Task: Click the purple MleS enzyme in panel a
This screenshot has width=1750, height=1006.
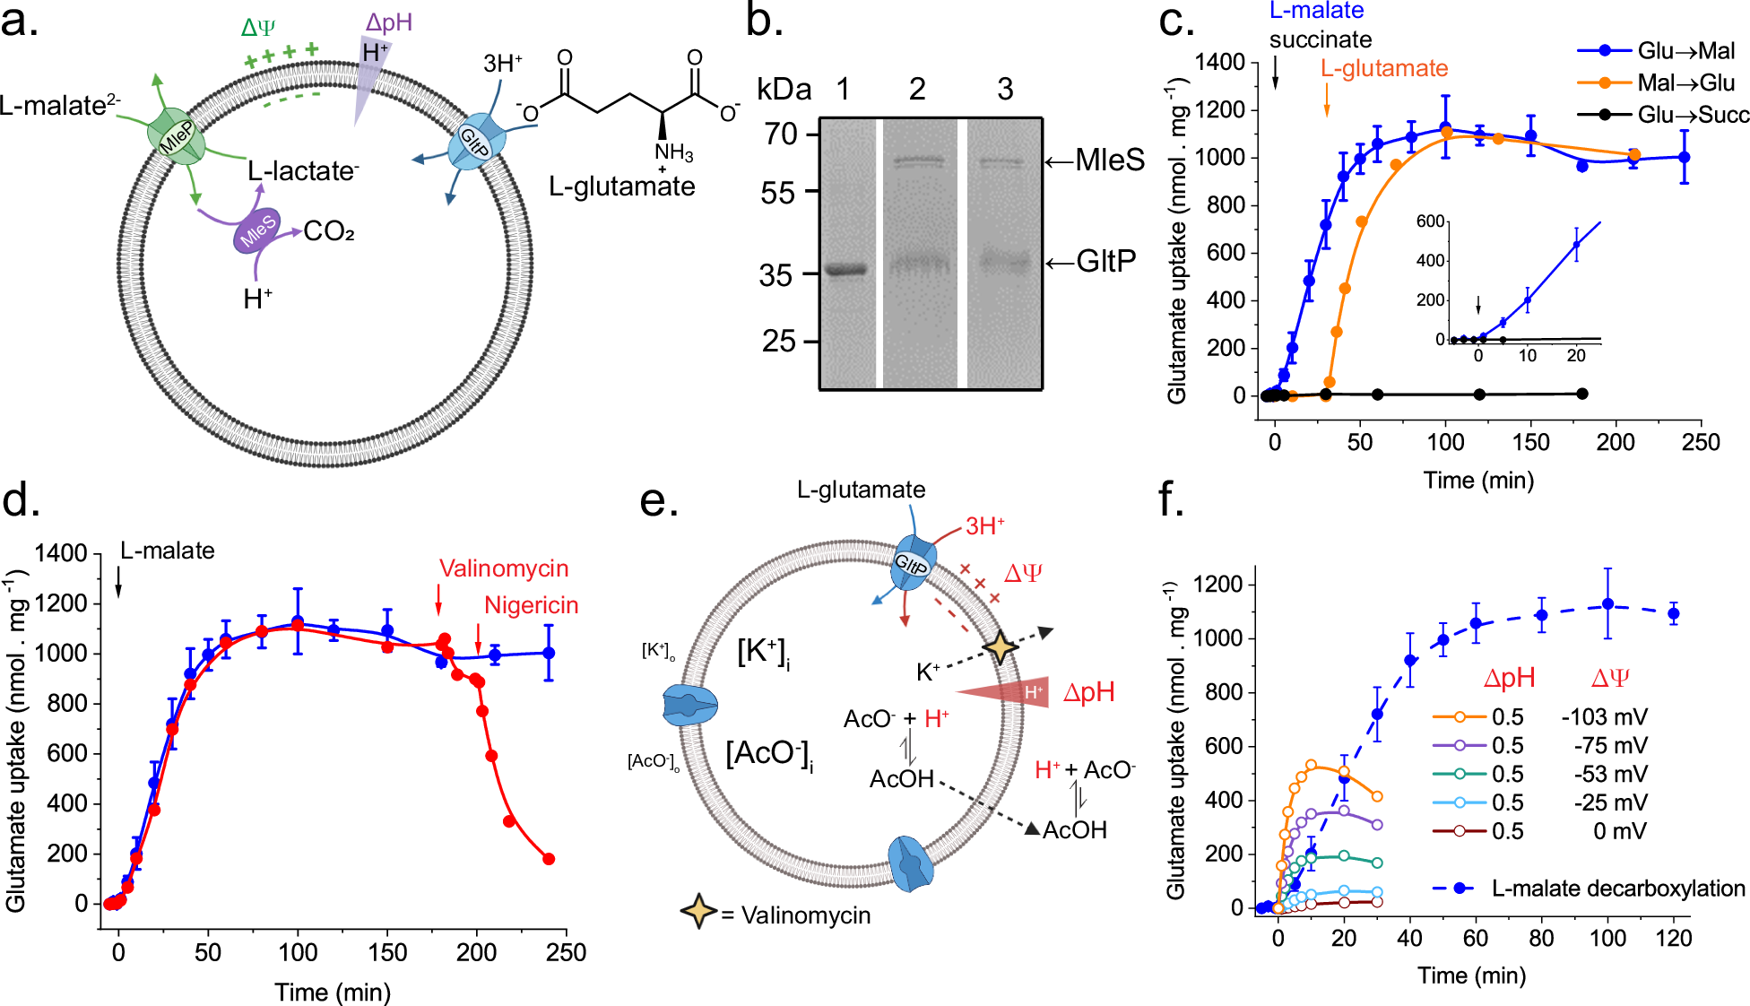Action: click(258, 231)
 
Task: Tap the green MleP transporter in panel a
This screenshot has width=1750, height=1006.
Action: click(176, 137)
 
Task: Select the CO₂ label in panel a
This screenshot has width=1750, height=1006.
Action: click(329, 232)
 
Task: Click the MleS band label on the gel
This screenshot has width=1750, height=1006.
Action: click(1110, 160)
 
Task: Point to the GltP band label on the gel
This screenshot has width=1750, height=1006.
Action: click(1106, 262)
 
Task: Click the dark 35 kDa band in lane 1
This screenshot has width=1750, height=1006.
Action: click(845, 269)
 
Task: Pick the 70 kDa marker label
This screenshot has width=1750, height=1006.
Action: click(782, 134)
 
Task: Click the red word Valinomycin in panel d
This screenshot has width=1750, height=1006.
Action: click(504, 568)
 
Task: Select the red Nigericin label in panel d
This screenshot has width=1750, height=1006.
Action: click(531, 605)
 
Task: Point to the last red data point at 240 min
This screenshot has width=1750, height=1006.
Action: click(549, 859)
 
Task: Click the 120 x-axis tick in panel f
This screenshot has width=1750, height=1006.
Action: click(1673, 939)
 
